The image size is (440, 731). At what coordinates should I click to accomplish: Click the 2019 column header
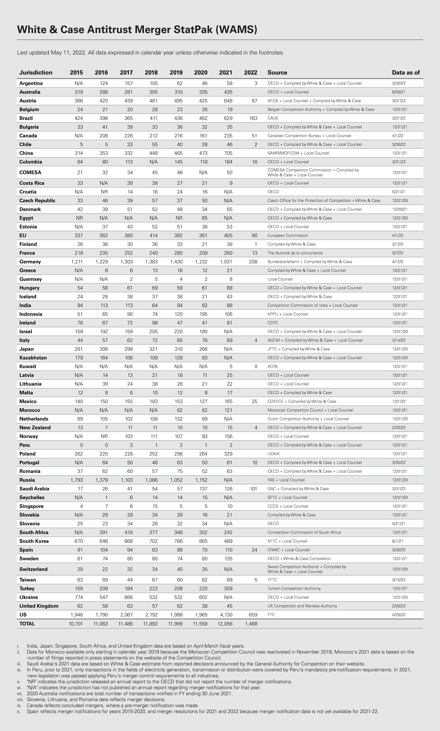(x=176, y=73)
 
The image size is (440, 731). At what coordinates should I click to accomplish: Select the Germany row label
(x=30, y=262)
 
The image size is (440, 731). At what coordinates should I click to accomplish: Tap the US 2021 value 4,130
(x=226, y=615)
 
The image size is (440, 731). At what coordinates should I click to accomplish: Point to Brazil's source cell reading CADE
(x=273, y=118)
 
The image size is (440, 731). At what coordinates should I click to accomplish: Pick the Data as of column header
(x=406, y=73)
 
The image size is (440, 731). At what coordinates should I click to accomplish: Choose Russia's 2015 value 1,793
(x=76, y=480)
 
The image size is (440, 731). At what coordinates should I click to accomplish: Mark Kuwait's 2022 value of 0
(x=256, y=366)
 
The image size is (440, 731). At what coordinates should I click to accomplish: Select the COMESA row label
(x=30, y=172)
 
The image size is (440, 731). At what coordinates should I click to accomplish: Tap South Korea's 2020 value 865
(x=203, y=541)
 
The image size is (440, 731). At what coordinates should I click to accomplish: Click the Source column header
(x=277, y=73)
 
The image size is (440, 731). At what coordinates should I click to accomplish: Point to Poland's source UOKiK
(x=273, y=454)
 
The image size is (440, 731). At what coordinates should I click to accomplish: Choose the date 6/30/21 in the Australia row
(x=398, y=92)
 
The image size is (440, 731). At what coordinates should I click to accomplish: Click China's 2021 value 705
(x=228, y=153)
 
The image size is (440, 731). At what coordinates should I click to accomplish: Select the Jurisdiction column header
(x=35, y=73)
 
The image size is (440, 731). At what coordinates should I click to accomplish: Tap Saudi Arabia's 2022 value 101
(x=253, y=489)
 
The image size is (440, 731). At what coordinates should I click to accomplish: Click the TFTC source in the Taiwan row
(x=272, y=580)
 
